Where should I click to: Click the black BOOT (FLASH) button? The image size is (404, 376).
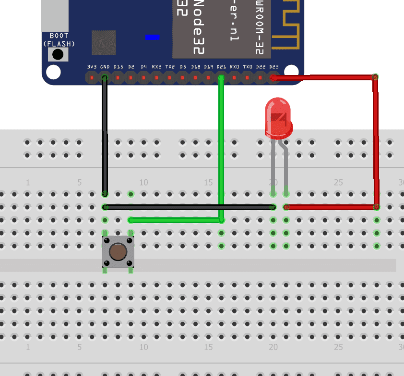pos(58,55)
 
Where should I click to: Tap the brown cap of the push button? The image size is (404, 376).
pos(118,251)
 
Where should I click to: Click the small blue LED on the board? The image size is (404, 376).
pos(152,37)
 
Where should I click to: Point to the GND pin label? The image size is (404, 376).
pos(105,66)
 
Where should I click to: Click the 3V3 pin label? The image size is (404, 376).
pos(92,66)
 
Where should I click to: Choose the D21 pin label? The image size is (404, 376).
pos(221,66)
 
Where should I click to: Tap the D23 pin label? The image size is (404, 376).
pos(273,66)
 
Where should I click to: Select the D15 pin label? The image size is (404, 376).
pos(118,66)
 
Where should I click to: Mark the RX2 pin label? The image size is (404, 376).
pos(157,66)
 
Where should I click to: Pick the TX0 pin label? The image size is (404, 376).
pos(248,66)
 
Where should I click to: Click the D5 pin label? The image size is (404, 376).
pos(183,66)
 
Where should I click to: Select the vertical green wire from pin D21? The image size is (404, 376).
pos(221,144)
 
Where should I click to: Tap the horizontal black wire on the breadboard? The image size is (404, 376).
pos(187,207)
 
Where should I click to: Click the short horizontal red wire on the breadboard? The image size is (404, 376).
pos(331,207)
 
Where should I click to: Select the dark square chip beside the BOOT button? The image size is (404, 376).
pos(104,43)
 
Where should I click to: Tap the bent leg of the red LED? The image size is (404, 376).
pos(286,163)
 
